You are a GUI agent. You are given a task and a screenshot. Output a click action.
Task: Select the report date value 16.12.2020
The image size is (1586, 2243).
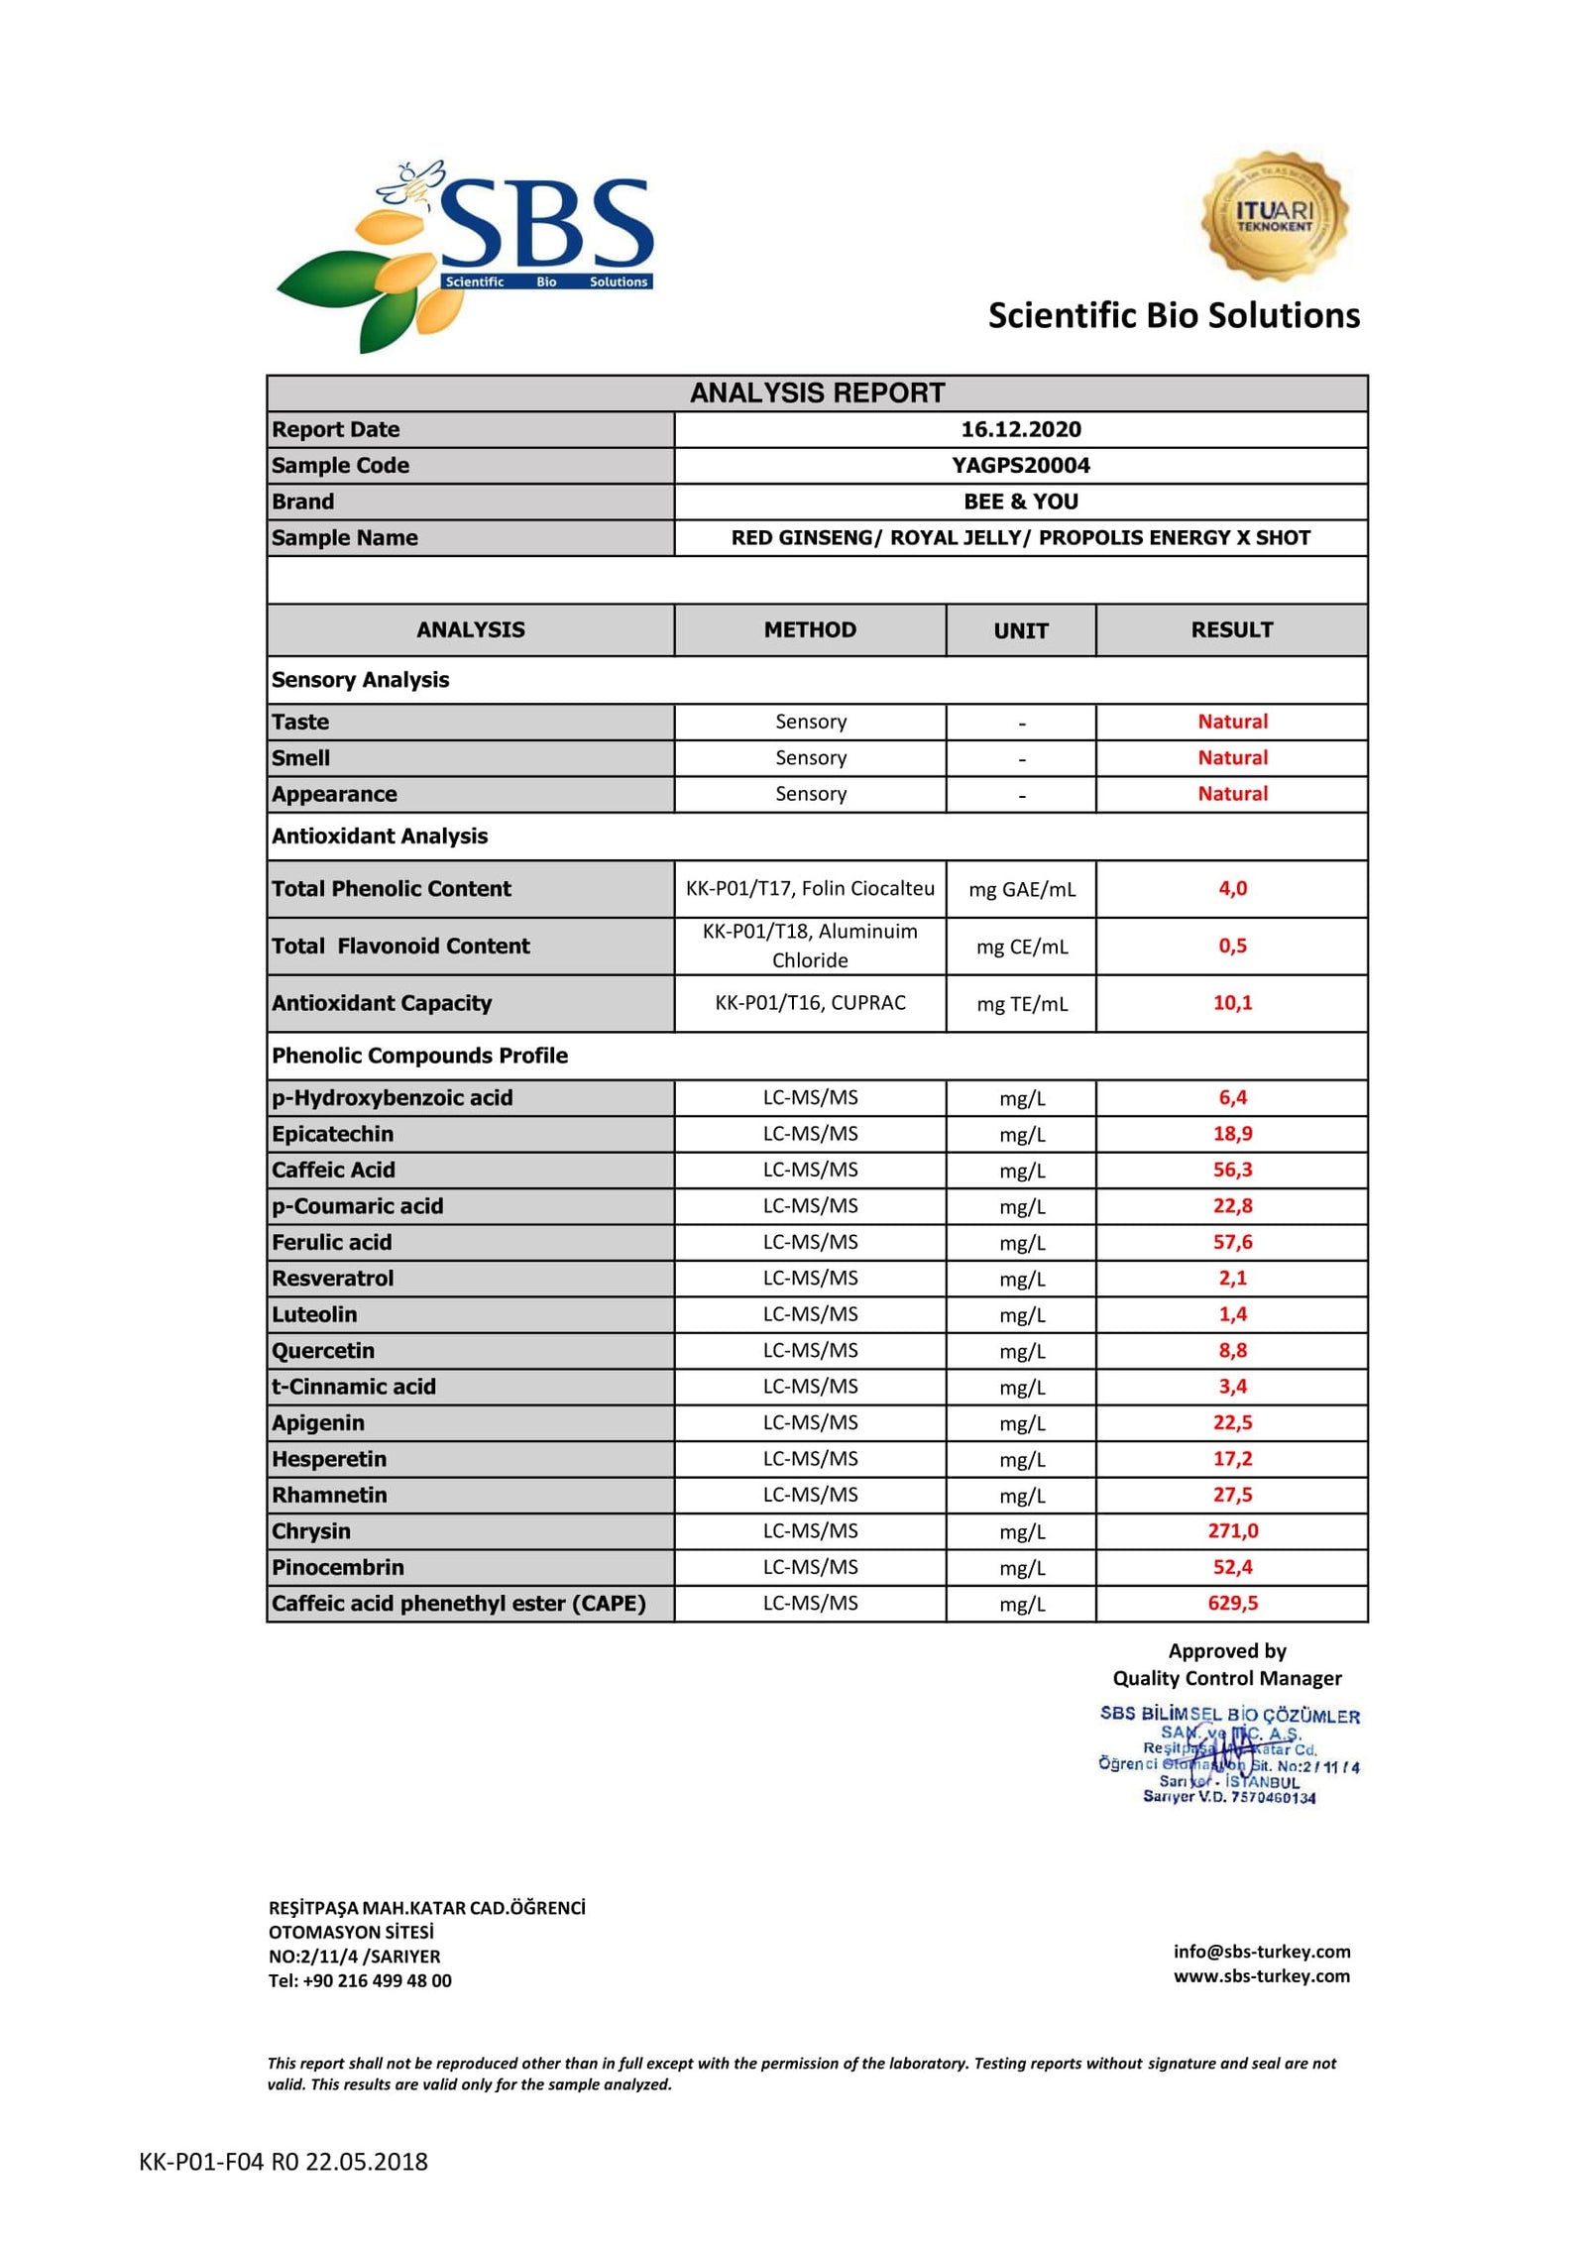click(1020, 429)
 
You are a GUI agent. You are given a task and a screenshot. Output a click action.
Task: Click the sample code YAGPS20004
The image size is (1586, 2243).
click(1020, 465)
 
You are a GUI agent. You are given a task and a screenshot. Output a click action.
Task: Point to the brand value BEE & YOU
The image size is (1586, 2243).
click(1020, 502)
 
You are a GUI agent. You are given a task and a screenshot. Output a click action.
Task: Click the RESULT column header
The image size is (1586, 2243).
click(1231, 629)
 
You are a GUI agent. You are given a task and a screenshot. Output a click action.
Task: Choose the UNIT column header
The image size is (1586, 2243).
click(1020, 630)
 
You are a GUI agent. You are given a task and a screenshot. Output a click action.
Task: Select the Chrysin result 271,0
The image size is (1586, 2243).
click(1232, 1530)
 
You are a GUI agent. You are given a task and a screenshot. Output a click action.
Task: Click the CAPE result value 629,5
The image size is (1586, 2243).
click(1232, 1603)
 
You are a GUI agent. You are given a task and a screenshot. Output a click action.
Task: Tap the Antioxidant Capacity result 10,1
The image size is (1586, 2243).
click(1232, 1002)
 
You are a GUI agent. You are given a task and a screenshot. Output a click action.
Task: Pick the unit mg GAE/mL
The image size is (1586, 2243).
click(1021, 889)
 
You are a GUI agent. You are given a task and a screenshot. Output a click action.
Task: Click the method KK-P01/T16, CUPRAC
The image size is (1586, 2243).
click(810, 1002)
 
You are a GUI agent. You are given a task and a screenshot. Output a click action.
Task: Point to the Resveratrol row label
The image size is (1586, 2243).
click(332, 1278)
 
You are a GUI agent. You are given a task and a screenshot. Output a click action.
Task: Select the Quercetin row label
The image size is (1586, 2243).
click(323, 1350)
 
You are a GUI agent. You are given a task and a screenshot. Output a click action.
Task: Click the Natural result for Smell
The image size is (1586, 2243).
click(1232, 757)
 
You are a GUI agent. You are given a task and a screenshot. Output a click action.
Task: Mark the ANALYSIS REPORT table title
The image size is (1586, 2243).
click(817, 393)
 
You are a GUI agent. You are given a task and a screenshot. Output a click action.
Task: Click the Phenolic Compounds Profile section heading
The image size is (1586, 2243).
click(419, 1056)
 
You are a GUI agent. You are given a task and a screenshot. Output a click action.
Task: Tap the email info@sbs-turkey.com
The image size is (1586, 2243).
click(1261, 1951)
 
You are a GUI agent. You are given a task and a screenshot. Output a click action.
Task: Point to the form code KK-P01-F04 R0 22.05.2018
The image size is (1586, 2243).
click(283, 2162)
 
